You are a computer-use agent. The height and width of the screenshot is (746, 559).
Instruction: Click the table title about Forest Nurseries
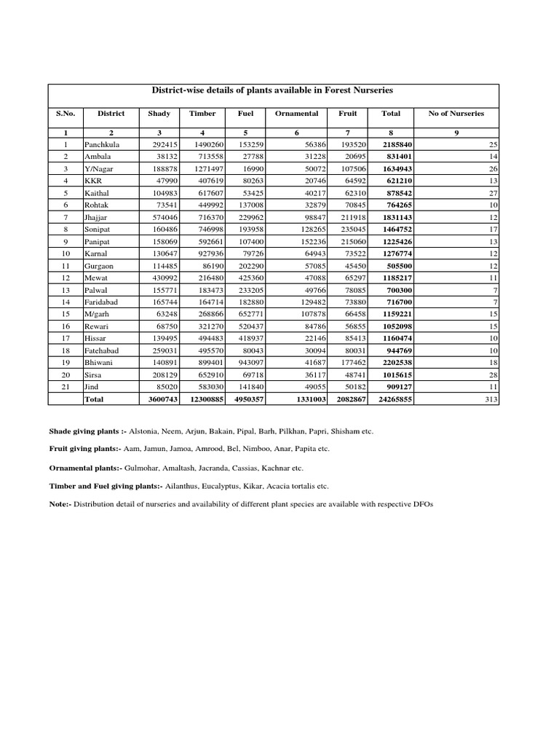click(x=271, y=90)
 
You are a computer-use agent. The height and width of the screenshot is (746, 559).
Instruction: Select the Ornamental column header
click(x=296, y=114)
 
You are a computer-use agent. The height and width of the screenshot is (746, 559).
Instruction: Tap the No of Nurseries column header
click(x=456, y=114)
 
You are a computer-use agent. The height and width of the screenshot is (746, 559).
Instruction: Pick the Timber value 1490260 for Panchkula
click(x=207, y=145)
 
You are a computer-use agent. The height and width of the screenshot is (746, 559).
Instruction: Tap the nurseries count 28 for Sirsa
click(x=493, y=374)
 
